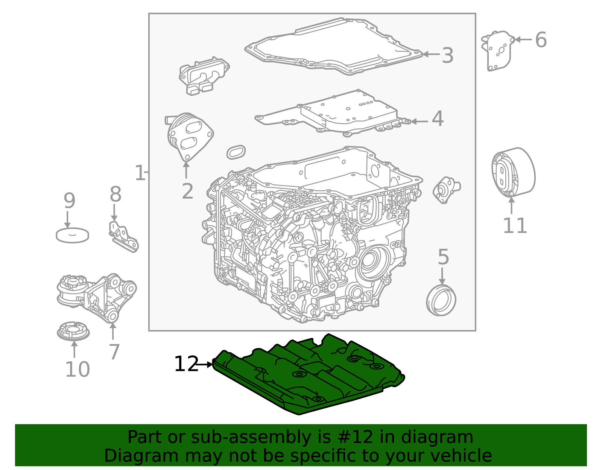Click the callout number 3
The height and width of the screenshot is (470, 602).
click(x=447, y=55)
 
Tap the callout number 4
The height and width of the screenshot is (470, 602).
click(x=438, y=119)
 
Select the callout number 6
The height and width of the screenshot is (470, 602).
click(x=541, y=40)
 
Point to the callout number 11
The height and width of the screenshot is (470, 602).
click(x=515, y=226)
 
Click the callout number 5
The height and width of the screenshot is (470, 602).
click(x=443, y=257)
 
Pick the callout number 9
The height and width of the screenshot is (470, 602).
click(x=70, y=201)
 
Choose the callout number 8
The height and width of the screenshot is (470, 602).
click(x=116, y=194)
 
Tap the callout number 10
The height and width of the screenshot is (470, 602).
click(x=78, y=369)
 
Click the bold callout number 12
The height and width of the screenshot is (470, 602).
click(x=186, y=364)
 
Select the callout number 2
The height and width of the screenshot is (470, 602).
click(x=187, y=191)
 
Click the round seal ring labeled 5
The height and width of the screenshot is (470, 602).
click(x=441, y=300)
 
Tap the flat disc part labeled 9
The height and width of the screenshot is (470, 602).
click(x=72, y=235)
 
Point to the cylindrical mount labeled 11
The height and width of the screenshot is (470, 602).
click(x=514, y=172)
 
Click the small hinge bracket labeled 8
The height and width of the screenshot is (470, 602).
click(x=123, y=237)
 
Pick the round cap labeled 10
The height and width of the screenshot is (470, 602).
click(x=73, y=331)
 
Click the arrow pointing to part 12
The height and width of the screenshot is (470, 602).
click(x=204, y=365)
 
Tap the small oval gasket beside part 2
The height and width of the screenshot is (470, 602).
click(x=236, y=152)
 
